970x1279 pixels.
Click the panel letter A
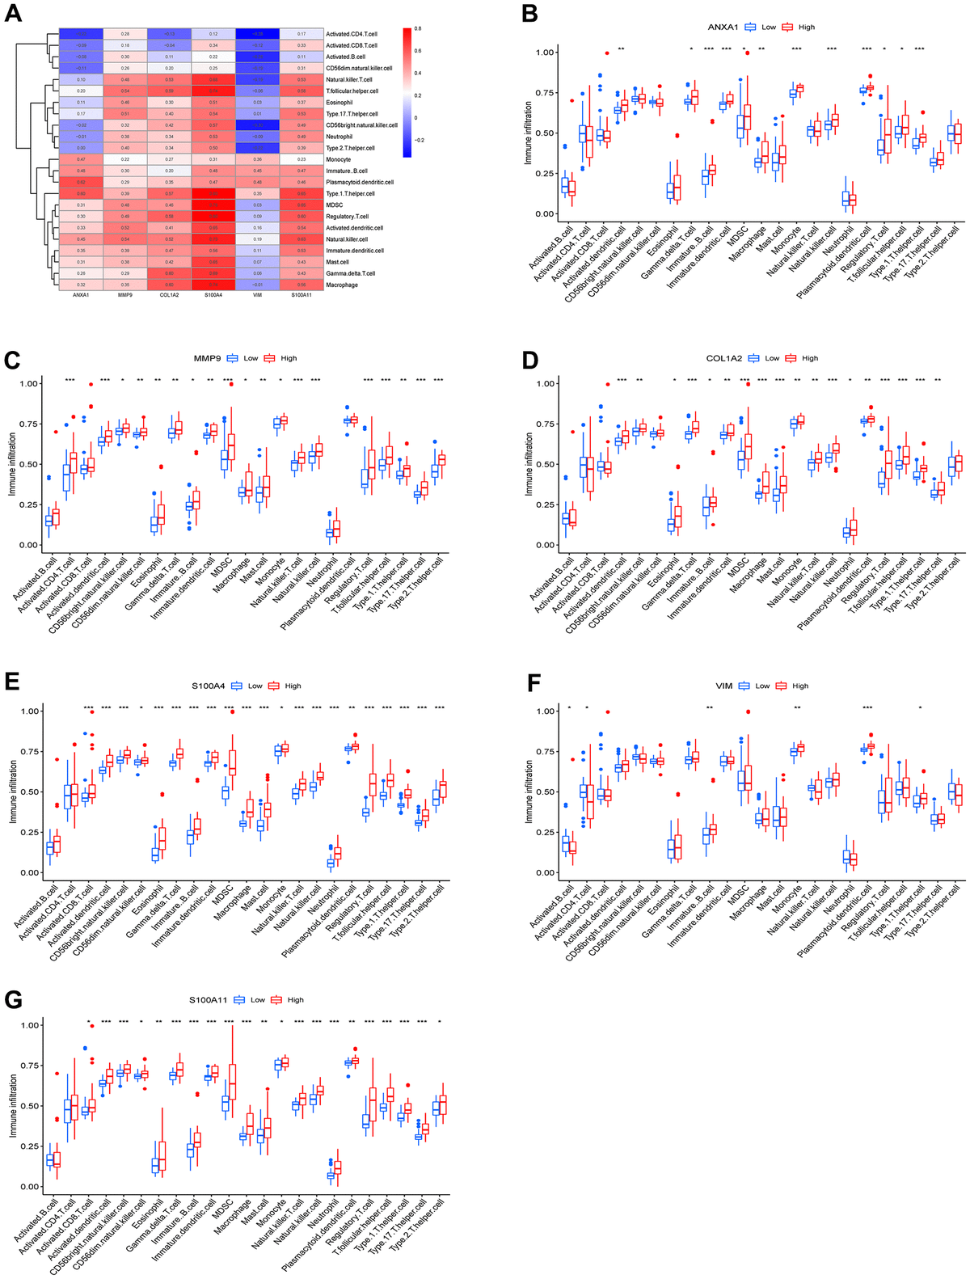[x=13, y=15]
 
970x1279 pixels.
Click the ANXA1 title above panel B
[x=723, y=27]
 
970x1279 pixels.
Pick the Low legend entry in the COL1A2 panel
[x=772, y=358]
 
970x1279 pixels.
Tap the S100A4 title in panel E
[x=207, y=686]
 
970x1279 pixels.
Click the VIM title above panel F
[x=723, y=686]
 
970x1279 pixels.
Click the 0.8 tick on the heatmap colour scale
[x=418, y=29]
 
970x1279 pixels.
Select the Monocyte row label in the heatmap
[x=339, y=160]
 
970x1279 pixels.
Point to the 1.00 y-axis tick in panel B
[x=544, y=53]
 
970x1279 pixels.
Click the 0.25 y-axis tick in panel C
[x=27, y=504]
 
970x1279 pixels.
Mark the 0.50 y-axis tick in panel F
[x=544, y=792]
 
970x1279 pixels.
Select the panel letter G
[x=13, y=1000]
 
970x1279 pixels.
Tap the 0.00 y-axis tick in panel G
[x=29, y=1187]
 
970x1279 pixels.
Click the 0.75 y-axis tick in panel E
[x=29, y=752]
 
